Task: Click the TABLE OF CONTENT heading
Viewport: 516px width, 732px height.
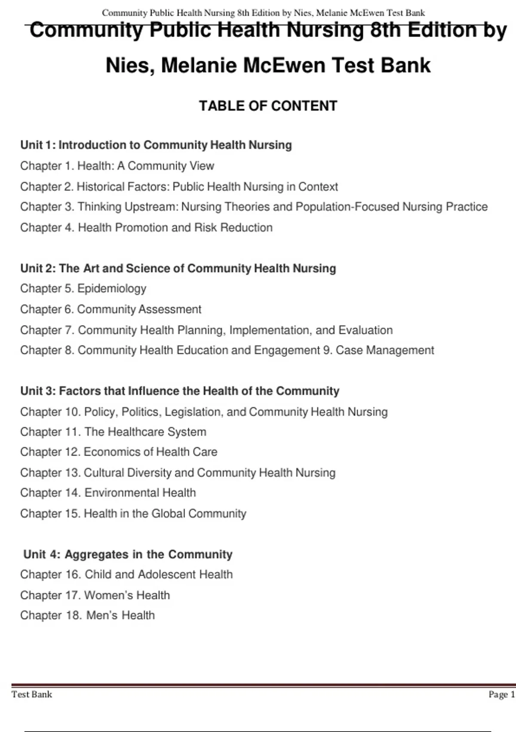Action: (268, 106)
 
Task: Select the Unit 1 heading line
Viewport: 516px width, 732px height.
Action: (156, 145)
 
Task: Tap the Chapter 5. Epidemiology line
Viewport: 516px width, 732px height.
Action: (83, 288)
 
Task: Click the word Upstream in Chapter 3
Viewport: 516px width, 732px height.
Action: (151, 207)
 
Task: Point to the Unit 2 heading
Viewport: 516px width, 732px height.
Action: (178, 268)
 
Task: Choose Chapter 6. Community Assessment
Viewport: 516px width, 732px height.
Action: (111, 309)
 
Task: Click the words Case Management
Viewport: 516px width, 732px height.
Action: (385, 350)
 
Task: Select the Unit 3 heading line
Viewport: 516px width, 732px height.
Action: (180, 391)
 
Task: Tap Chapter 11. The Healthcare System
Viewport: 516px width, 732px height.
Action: (113, 432)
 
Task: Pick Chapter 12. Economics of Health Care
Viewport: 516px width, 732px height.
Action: (119, 452)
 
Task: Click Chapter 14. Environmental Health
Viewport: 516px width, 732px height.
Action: (108, 493)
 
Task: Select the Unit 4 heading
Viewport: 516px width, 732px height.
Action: (128, 554)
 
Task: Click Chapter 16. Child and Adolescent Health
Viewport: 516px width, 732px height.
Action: (126, 574)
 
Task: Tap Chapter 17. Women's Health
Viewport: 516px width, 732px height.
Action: (95, 595)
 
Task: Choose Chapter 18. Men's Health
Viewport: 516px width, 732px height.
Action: (87, 615)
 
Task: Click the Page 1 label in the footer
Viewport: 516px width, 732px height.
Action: (501, 694)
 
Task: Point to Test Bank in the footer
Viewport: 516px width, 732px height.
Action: (32, 694)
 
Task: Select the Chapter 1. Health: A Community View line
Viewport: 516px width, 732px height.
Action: (117, 166)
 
